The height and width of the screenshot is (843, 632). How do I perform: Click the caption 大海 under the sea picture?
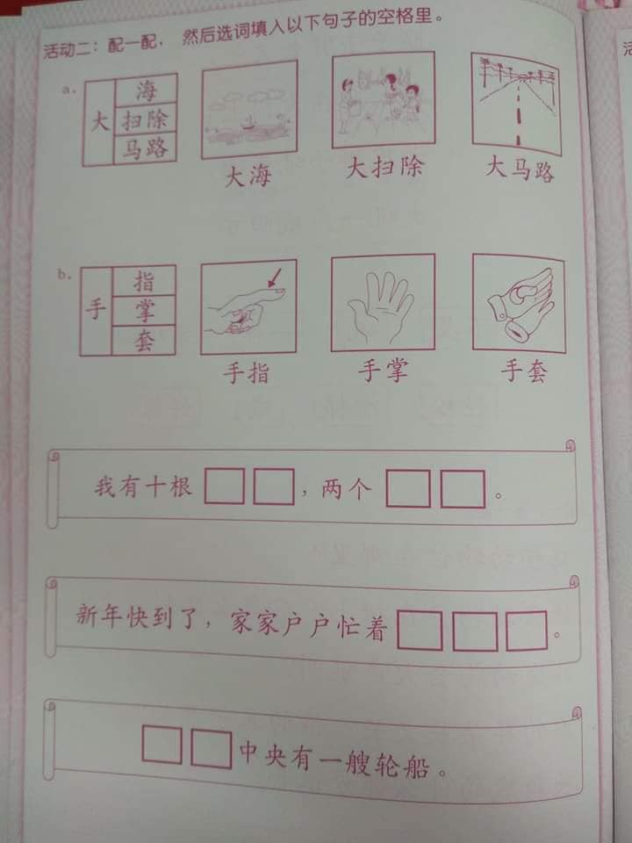[x=248, y=177]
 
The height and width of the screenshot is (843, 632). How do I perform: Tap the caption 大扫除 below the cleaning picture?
[x=384, y=168]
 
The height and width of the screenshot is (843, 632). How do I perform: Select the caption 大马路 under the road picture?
[x=520, y=169]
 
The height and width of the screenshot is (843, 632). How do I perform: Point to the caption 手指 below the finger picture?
[x=246, y=372]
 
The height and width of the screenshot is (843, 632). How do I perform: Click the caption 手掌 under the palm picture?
[x=384, y=371]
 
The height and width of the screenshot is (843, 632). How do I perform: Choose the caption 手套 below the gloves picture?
[x=525, y=371]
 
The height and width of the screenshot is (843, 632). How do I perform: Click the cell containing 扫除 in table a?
[x=146, y=119]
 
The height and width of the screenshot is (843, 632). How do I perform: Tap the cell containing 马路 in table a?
[x=146, y=148]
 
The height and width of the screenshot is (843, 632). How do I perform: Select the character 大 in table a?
[x=99, y=121]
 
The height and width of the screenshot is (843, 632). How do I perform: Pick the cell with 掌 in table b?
[x=144, y=311]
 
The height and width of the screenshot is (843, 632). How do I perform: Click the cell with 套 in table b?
[x=144, y=341]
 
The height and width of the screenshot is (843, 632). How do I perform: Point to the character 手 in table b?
[x=96, y=310]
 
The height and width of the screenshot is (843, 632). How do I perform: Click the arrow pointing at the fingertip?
[x=274, y=277]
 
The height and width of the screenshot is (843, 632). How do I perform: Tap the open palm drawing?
[x=381, y=306]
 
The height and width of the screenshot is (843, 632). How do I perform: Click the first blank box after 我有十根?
[x=224, y=486]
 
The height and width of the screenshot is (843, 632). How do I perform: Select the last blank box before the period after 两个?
[x=463, y=489]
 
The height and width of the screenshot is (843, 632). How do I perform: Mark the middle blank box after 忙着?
[x=475, y=630]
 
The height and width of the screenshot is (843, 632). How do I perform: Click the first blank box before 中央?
[x=162, y=745]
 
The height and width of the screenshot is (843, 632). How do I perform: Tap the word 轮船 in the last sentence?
[x=401, y=765]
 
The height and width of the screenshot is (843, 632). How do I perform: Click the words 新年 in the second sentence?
[x=97, y=615]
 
